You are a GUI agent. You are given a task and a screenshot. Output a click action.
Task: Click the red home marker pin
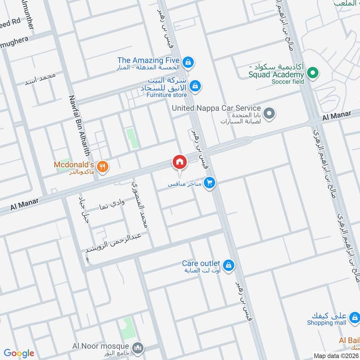tap(179, 162)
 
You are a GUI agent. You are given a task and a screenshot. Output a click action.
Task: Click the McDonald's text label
tap(73, 165)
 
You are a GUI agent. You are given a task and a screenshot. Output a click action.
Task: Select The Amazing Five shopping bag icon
tap(189, 62)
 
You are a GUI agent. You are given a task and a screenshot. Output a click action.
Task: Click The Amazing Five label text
tap(148, 60)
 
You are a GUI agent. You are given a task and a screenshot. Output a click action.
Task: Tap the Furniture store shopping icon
tap(195, 85)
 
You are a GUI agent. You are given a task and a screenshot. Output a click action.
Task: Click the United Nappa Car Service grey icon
tap(269, 113)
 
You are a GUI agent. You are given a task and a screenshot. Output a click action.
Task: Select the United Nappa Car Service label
tap(216, 108)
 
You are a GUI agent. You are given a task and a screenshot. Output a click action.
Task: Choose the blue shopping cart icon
tap(209, 183)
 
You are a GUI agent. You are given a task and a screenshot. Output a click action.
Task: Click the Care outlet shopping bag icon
tap(229, 265)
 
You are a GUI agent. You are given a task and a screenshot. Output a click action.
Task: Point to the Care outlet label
tap(201, 263)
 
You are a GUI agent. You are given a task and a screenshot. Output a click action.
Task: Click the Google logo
tap(19, 353)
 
